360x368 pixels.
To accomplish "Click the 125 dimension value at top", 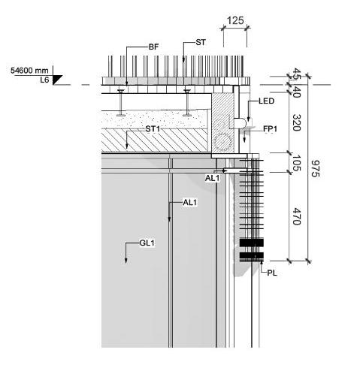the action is pyautogui.click(x=235, y=20).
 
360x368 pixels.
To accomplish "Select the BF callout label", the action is pyautogui.click(x=153, y=47).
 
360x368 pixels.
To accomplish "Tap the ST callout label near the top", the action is pyautogui.click(x=201, y=42).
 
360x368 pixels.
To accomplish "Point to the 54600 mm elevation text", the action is pyautogui.click(x=29, y=71).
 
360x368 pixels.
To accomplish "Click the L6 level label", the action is pyautogui.click(x=44, y=80).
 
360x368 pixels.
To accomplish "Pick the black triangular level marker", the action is pyautogui.click(x=57, y=80).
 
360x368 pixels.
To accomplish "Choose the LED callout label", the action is pyautogui.click(x=267, y=101).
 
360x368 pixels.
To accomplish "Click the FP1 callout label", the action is pyautogui.click(x=270, y=129).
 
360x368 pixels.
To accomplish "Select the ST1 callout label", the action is pyautogui.click(x=153, y=129).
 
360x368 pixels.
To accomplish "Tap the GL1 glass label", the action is pyautogui.click(x=147, y=243).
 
